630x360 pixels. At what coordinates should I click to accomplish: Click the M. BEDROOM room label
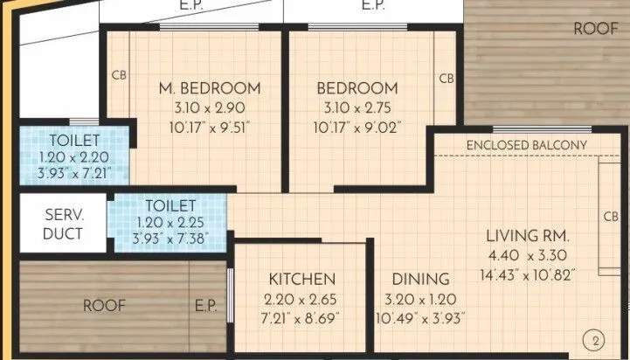(x=209, y=88)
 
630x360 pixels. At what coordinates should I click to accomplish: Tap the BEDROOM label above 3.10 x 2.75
(x=357, y=88)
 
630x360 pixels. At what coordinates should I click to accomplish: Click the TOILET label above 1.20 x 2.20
(x=74, y=140)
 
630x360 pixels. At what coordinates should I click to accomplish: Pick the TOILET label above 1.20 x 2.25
(x=170, y=205)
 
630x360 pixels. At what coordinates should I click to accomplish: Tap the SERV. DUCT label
(x=63, y=224)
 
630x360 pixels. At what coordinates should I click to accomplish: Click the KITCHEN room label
(x=301, y=280)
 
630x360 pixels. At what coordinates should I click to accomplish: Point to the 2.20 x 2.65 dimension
(x=301, y=299)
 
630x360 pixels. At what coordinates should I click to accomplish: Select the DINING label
(x=421, y=280)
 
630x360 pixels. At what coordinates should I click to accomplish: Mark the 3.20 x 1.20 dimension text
(x=421, y=299)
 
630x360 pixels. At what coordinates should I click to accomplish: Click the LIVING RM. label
(x=529, y=236)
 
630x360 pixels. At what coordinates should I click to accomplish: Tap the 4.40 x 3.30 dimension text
(x=529, y=256)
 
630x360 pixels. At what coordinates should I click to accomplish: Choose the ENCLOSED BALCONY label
(x=526, y=144)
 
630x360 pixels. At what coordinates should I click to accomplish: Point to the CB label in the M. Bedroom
(x=120, y=75)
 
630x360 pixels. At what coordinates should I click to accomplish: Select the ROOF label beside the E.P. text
(x=104, y=306)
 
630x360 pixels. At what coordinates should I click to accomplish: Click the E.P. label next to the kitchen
(x=206, y=306)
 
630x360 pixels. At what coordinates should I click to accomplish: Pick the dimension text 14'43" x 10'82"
(x=529, y=275)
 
